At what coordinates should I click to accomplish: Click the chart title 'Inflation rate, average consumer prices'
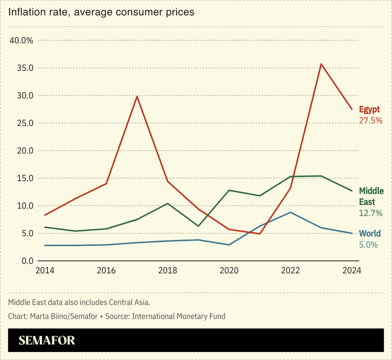pos(101,12)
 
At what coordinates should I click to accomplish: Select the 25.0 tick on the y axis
pos(24,123)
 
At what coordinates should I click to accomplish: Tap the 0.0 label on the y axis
pos(26,261)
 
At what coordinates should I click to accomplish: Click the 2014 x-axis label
pos(44,271)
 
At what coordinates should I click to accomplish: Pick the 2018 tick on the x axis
pos(167,271)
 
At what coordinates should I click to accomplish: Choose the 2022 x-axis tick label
pos(290,271)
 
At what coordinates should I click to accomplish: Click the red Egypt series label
pos(369,110)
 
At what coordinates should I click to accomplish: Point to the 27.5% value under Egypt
pos(371,121)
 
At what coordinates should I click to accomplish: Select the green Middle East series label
pos(371,196)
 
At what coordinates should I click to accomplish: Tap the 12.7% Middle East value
pos(370,213)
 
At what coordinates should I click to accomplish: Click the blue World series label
pos(370,233)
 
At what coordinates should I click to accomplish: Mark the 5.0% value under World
pos(368,245)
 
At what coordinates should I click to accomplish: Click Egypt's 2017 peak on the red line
pos(137,96)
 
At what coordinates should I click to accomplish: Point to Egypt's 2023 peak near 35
pos(321,64)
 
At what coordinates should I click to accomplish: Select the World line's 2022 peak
pos(290,212)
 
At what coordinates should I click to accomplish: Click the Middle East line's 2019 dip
pos(198,226)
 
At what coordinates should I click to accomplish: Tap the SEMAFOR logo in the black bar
pos(47,340)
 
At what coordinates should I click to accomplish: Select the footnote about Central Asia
pos(79,302)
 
